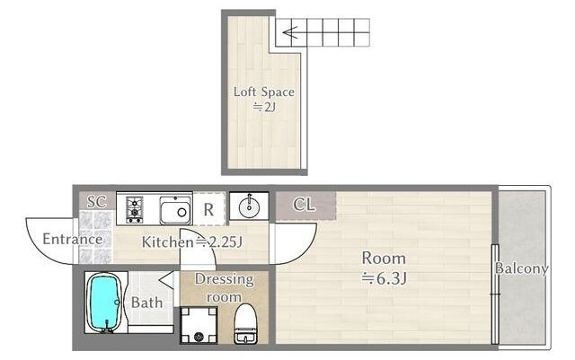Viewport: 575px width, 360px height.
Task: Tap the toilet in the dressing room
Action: click(245, 324)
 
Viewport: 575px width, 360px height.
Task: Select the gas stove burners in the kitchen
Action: click(134, 210)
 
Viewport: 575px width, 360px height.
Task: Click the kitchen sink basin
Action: click(176, 210)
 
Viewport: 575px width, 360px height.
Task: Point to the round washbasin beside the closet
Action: click(249, 207)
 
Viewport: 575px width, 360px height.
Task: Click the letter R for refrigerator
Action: click(208, 210)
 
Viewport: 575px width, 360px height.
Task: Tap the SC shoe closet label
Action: click(96, 201)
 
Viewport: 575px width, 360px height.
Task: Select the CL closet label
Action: click(304, 205)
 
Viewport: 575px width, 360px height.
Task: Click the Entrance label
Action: click(73, 239)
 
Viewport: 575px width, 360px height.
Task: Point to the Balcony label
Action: click(521, 268)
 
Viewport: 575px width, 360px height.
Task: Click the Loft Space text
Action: click(263, 92)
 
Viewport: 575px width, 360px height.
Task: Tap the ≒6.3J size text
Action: click(384, 279)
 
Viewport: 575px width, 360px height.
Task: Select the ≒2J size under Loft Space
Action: click(263, 108)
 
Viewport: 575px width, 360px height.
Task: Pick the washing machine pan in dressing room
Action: click(199, 325)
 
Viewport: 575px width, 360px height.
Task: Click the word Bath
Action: click(146, 303)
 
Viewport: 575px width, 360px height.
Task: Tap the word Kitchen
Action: click(168, 242)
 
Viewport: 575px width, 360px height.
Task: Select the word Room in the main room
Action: click(384, 259)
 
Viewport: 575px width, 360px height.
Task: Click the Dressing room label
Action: click(224, 288)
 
